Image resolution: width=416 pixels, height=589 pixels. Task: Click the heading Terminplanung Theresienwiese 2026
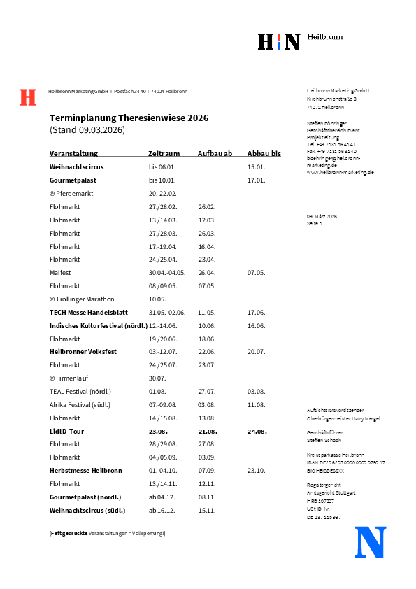point(129,118)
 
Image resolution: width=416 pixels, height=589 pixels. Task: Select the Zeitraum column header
point(164,154)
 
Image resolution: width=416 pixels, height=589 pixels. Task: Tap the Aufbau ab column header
point(215,154)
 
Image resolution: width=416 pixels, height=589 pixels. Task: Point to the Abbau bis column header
point(264,154)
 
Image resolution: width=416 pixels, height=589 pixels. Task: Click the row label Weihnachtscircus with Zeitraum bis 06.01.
point(78,167)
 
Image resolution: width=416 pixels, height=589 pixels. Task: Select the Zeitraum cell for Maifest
point(167,272)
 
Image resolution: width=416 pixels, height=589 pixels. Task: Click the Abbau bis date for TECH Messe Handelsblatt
point(256,312)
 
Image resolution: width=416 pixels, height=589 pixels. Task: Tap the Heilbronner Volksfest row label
point(83,351)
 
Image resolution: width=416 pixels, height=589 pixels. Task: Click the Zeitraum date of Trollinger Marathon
point(157,299)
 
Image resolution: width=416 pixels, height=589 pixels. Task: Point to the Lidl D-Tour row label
point(66,431)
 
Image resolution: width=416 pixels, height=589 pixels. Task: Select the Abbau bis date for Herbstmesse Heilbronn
point(256,470)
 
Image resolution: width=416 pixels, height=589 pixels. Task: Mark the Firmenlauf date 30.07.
point(157,378)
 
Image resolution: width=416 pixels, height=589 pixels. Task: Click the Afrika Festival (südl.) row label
point(80,404)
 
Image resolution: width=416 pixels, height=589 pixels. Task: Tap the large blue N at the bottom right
point(371,542)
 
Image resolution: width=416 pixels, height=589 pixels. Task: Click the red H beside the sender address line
point(27,97)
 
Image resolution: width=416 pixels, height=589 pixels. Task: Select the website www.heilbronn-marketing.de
point(340,172)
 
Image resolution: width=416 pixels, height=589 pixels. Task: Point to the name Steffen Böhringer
point(326,123)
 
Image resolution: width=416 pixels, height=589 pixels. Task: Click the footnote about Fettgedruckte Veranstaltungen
point(107,534)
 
